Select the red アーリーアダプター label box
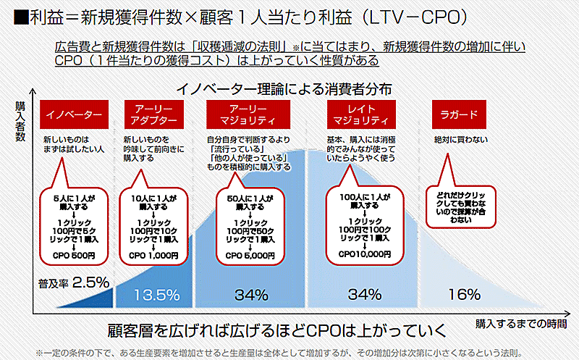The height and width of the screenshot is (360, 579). coord(153,114)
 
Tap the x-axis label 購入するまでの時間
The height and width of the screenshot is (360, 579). coord(525,321)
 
